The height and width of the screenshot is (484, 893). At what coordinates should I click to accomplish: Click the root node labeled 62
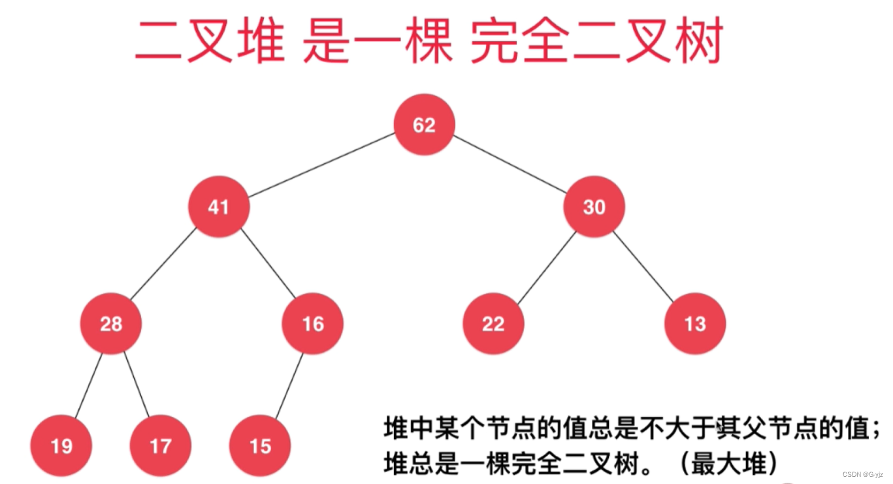click(x=424, y=125)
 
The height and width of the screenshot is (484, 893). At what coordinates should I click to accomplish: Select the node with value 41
click(x=218, y=207)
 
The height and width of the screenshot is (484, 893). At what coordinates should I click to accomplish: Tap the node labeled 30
click(x=594, y=207)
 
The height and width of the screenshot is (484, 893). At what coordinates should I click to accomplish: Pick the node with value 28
click(x=110, y=323)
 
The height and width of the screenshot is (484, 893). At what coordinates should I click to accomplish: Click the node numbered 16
click(x=312, y=323)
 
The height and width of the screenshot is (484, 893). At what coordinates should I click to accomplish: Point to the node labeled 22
click(x=493, y=323)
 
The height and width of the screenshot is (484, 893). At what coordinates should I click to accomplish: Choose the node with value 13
click(x=695, y=323)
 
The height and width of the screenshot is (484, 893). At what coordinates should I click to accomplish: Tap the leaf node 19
click(x=61, y=446)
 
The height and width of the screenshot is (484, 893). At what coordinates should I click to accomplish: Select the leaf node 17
click(x=160, y=446)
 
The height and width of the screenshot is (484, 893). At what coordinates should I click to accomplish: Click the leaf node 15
click(x=260, y=446)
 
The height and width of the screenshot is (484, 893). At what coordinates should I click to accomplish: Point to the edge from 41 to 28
click(x=163, y=266)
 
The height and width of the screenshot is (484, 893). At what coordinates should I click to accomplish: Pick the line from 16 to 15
click(x=289, y=387)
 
